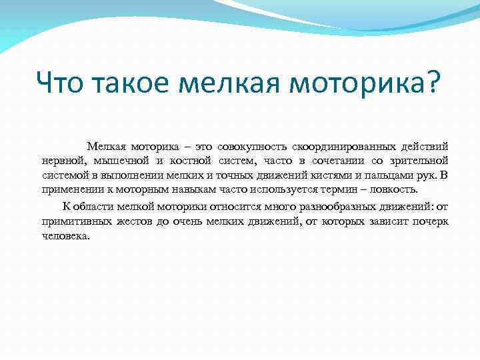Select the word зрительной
(419, 161)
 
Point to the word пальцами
(368, 175)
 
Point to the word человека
(65, 235)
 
